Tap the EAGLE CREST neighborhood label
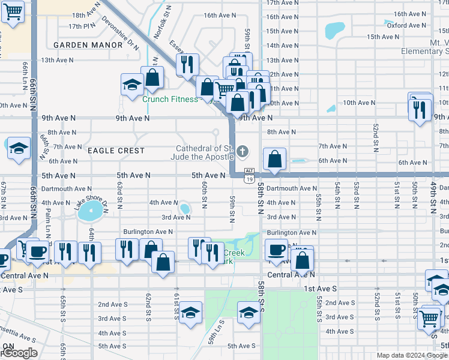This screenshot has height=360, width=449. pos(115,151)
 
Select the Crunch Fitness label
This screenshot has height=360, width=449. pos(170,99)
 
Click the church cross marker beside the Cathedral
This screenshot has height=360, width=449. pos(243,151)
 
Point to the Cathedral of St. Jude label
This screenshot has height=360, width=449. pos(205,152)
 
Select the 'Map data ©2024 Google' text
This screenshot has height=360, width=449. pos(411,355)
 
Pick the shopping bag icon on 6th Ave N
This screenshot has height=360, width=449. pos(274,160)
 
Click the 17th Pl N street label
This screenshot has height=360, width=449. pos(82,26)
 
